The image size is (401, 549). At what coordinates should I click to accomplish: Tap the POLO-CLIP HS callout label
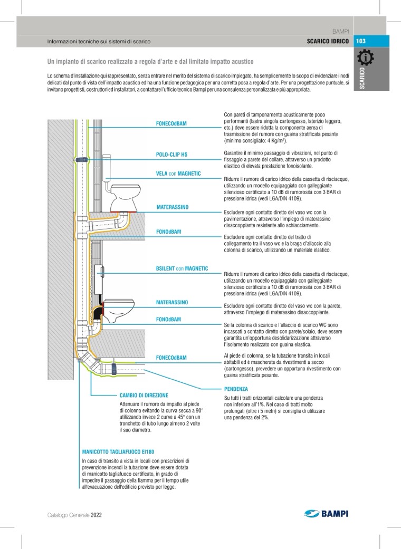[x=171, y=155]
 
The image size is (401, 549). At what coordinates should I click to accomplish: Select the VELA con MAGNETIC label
[x=178, y=174]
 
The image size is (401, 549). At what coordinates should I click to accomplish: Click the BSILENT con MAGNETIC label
[x=182, y=268]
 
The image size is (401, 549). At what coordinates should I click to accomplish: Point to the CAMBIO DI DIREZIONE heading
[x=144, y=395]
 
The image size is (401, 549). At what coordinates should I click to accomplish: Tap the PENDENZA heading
[x=236, y=389]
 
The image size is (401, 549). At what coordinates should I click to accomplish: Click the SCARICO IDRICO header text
[x=327, y=41]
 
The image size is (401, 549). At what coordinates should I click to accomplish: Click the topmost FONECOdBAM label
[x=171, y=123]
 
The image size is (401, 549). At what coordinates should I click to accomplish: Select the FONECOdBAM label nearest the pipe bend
[x=171, y=358]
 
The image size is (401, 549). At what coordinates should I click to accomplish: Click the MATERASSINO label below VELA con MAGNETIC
[x=172, y=208]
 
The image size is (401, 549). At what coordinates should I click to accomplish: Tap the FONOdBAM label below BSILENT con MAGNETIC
[x=168, y=320]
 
